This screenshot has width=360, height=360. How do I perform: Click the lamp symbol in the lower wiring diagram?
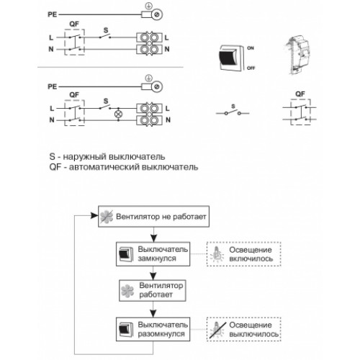tap(118, 114)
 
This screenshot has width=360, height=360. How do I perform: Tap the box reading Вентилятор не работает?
tap(153, 217)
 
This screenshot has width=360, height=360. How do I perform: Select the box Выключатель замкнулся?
tap(153, 254)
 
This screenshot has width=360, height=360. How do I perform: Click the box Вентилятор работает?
tap(153, 290)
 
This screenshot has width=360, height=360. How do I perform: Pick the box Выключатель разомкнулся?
tap(153, 329)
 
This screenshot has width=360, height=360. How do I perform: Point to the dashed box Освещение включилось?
tap(244, 254)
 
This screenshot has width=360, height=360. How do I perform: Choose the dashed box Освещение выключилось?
tap(244, 329)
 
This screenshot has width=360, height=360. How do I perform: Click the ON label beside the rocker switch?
tap(251, 48)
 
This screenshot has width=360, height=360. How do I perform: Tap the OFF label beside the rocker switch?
tap(251, 68)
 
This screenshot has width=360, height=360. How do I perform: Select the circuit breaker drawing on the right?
tap(297, 55)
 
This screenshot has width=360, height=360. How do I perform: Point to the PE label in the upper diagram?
tap(53, 14)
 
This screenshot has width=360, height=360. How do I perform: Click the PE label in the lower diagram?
tap(53, 86)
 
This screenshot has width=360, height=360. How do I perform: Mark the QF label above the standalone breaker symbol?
tap(300, 94)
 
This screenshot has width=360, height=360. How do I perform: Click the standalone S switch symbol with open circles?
tap(233, 112)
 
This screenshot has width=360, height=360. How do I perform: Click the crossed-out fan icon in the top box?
tap(107, 217)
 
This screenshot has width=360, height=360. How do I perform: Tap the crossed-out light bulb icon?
tap(217, 330)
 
